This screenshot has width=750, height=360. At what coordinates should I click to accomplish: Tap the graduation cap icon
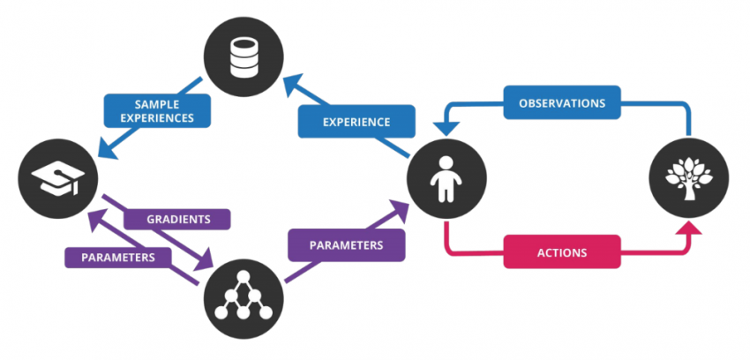[56, 180]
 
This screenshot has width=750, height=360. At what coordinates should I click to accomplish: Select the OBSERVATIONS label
[561, 103]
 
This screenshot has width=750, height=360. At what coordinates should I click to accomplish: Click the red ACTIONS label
[561, 251]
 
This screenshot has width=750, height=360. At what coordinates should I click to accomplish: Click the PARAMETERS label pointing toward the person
[346, 244]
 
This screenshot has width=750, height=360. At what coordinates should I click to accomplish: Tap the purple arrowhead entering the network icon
[206, 263]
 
